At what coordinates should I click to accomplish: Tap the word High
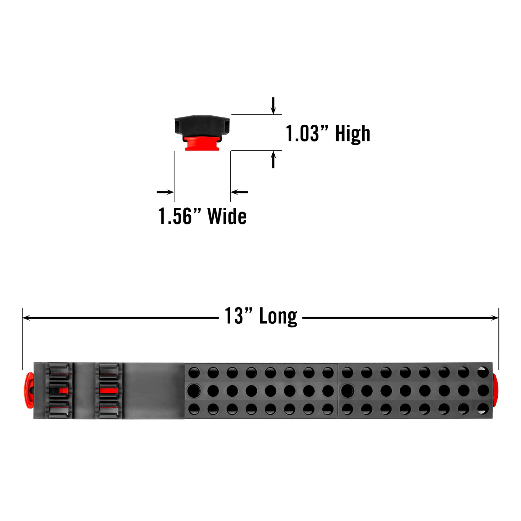353,134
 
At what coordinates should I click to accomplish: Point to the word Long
278,316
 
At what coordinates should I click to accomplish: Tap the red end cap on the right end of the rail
495,391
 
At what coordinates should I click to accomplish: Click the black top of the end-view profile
202,125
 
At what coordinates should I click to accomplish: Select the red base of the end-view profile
202,143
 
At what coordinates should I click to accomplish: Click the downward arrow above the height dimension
273,106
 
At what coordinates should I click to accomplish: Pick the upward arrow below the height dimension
273,160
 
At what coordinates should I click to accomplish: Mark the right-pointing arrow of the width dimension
165,192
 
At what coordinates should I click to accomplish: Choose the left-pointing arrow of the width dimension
239,192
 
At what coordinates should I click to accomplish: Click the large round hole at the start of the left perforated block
194,390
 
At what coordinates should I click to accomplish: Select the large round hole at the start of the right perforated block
347,390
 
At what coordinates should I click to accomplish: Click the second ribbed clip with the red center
109,390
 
